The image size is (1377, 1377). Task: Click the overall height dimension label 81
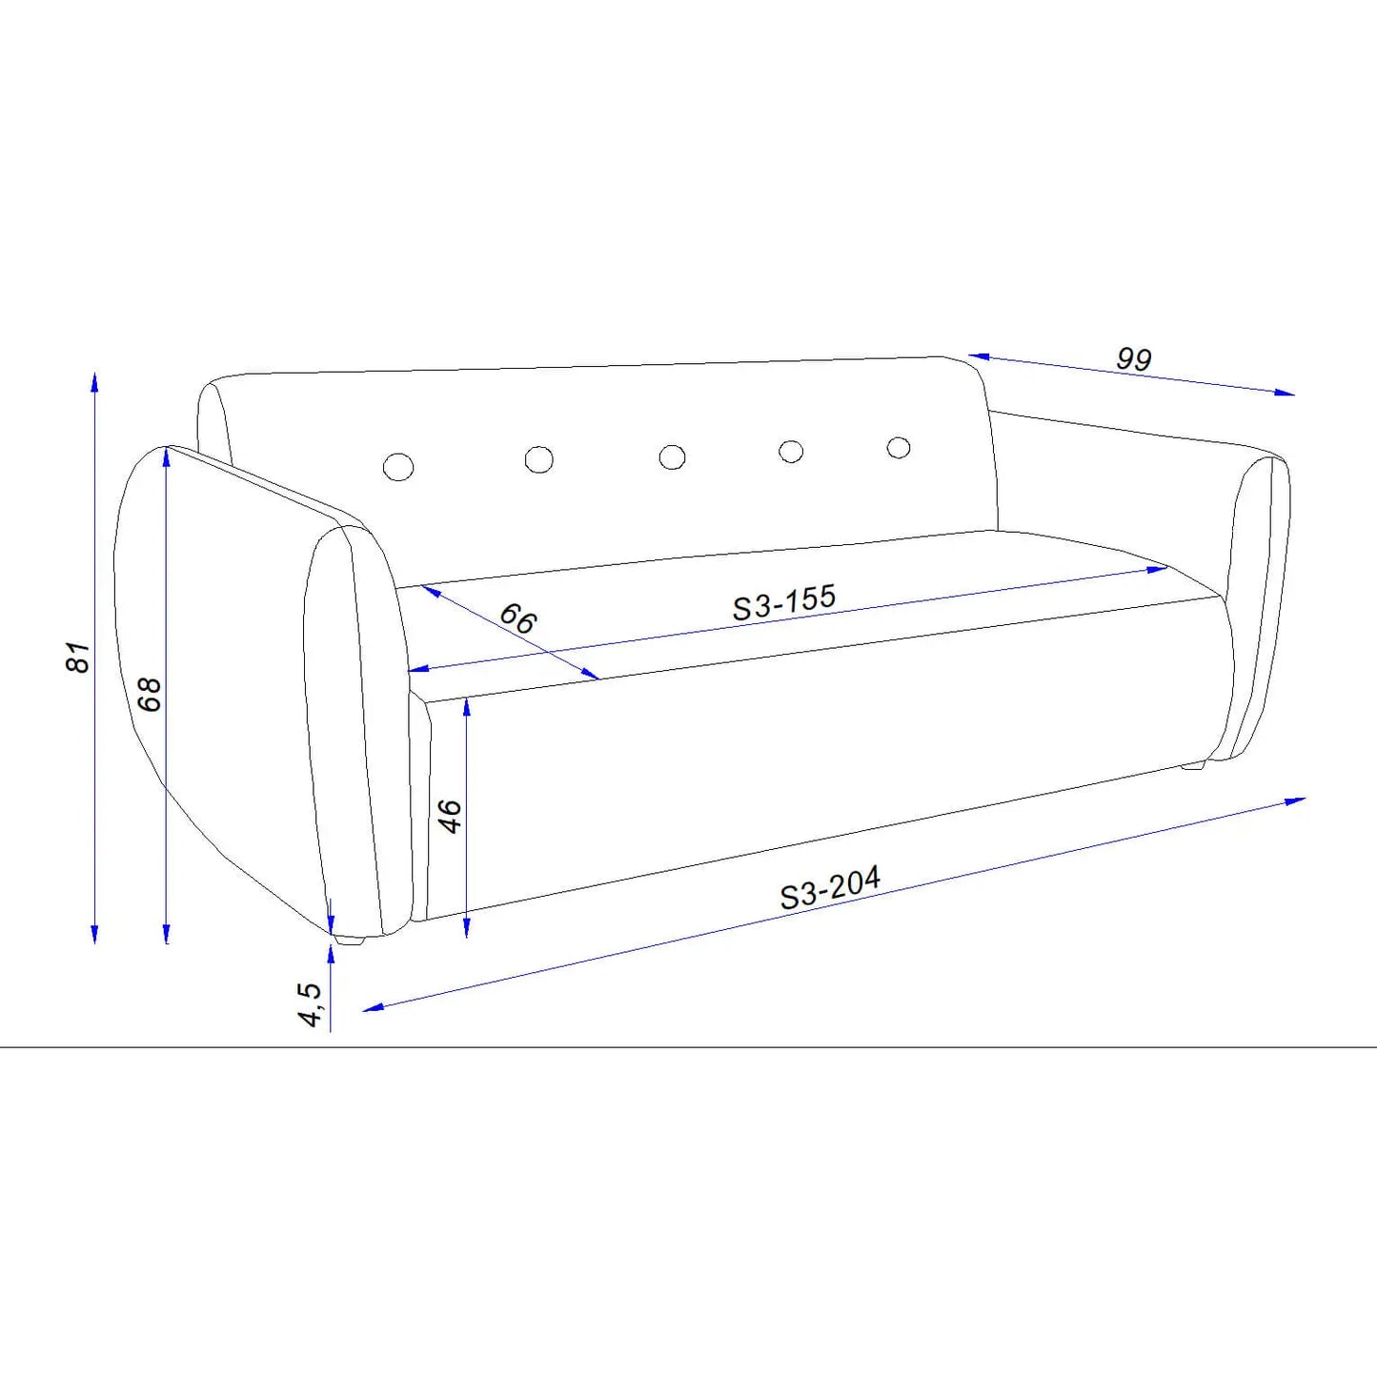pyautogui.click(x=78, y=657)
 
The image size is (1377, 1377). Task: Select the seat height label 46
pyautogui.click(x=450, y=817)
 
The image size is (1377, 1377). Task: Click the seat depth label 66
pyautogui.click(x=517, y=618)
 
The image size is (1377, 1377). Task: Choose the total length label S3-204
pyautogui.click(x=830, y=887)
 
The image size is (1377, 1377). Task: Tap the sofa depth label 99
pyautogui.click(x=1134, y=358)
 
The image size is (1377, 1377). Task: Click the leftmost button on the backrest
pyautogui.click(x=398, y=466)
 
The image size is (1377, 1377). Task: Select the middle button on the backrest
pyautogui.click(x=673, y=456)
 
